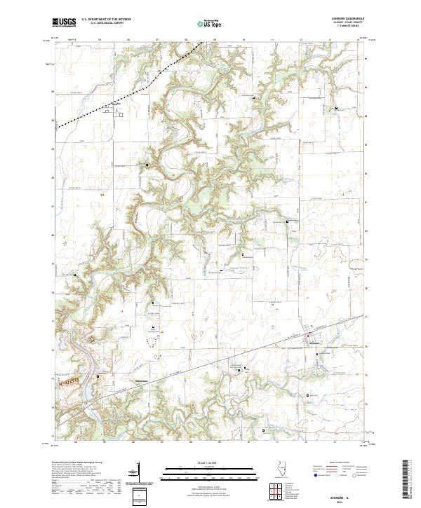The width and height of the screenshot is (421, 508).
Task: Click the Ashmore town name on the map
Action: [x=315, y=343]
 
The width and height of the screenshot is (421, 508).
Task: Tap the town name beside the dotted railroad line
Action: [x=108, y=104]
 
